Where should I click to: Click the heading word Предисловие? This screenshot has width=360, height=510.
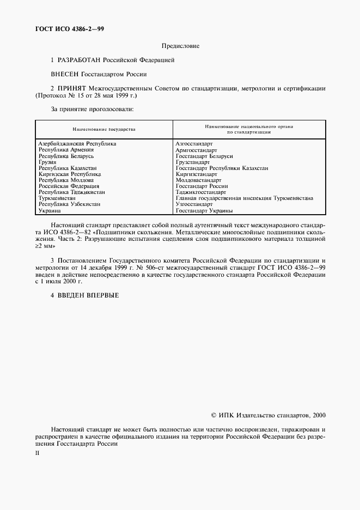[180, 46]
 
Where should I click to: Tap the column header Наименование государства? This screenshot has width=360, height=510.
[103, 129]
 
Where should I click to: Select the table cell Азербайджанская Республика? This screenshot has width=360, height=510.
[77, 143]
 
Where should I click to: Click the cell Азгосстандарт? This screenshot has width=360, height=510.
[194, 143]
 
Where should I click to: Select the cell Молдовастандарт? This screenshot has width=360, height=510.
[199, 180]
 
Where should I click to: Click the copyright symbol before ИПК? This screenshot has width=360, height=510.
[213, 415]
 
